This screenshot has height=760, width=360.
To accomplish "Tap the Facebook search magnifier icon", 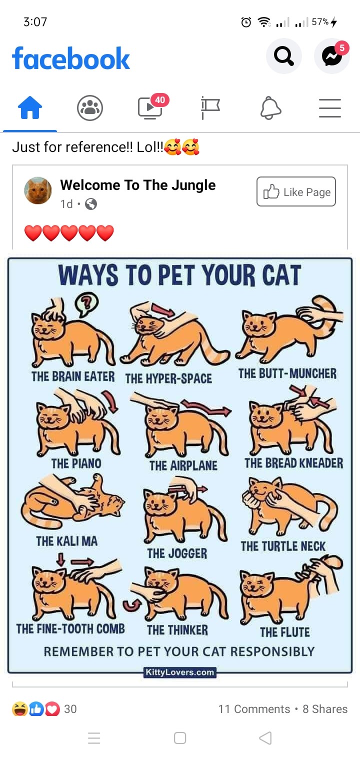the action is [283, 56].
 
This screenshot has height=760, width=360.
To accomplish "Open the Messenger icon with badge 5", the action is [332, 56].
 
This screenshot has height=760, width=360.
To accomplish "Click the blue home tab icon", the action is [30, 107].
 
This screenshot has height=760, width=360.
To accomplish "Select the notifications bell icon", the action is [270, 108].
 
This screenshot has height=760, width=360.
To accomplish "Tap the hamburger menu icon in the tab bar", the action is [330, 108].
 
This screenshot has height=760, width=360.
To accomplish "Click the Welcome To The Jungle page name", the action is [138, 185].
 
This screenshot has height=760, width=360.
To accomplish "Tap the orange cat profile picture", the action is [38, 190].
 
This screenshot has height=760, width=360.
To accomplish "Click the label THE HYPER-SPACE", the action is [168, 378].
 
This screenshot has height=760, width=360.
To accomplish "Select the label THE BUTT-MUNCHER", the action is [287, 373].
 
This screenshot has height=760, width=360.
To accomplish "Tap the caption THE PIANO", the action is [76, 463].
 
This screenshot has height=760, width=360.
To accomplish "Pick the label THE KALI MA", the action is [67, 541].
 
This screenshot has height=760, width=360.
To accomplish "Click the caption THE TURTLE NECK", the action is [283, 546].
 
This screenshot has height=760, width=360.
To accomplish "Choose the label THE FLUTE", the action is [285, 632].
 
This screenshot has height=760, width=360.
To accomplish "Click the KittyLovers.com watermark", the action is [180, 672].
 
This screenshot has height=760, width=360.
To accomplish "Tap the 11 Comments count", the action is [254, 709].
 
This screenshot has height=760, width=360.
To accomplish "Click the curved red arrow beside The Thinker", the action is [131, 605].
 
